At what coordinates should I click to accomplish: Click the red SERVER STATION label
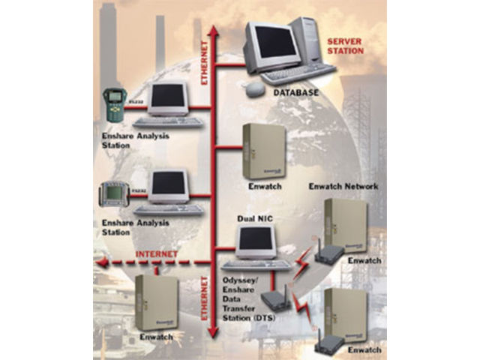(x=345, y=44)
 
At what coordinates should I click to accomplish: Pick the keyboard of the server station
(x=298, y=73)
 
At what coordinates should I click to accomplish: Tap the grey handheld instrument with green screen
(x=114, y=196)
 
